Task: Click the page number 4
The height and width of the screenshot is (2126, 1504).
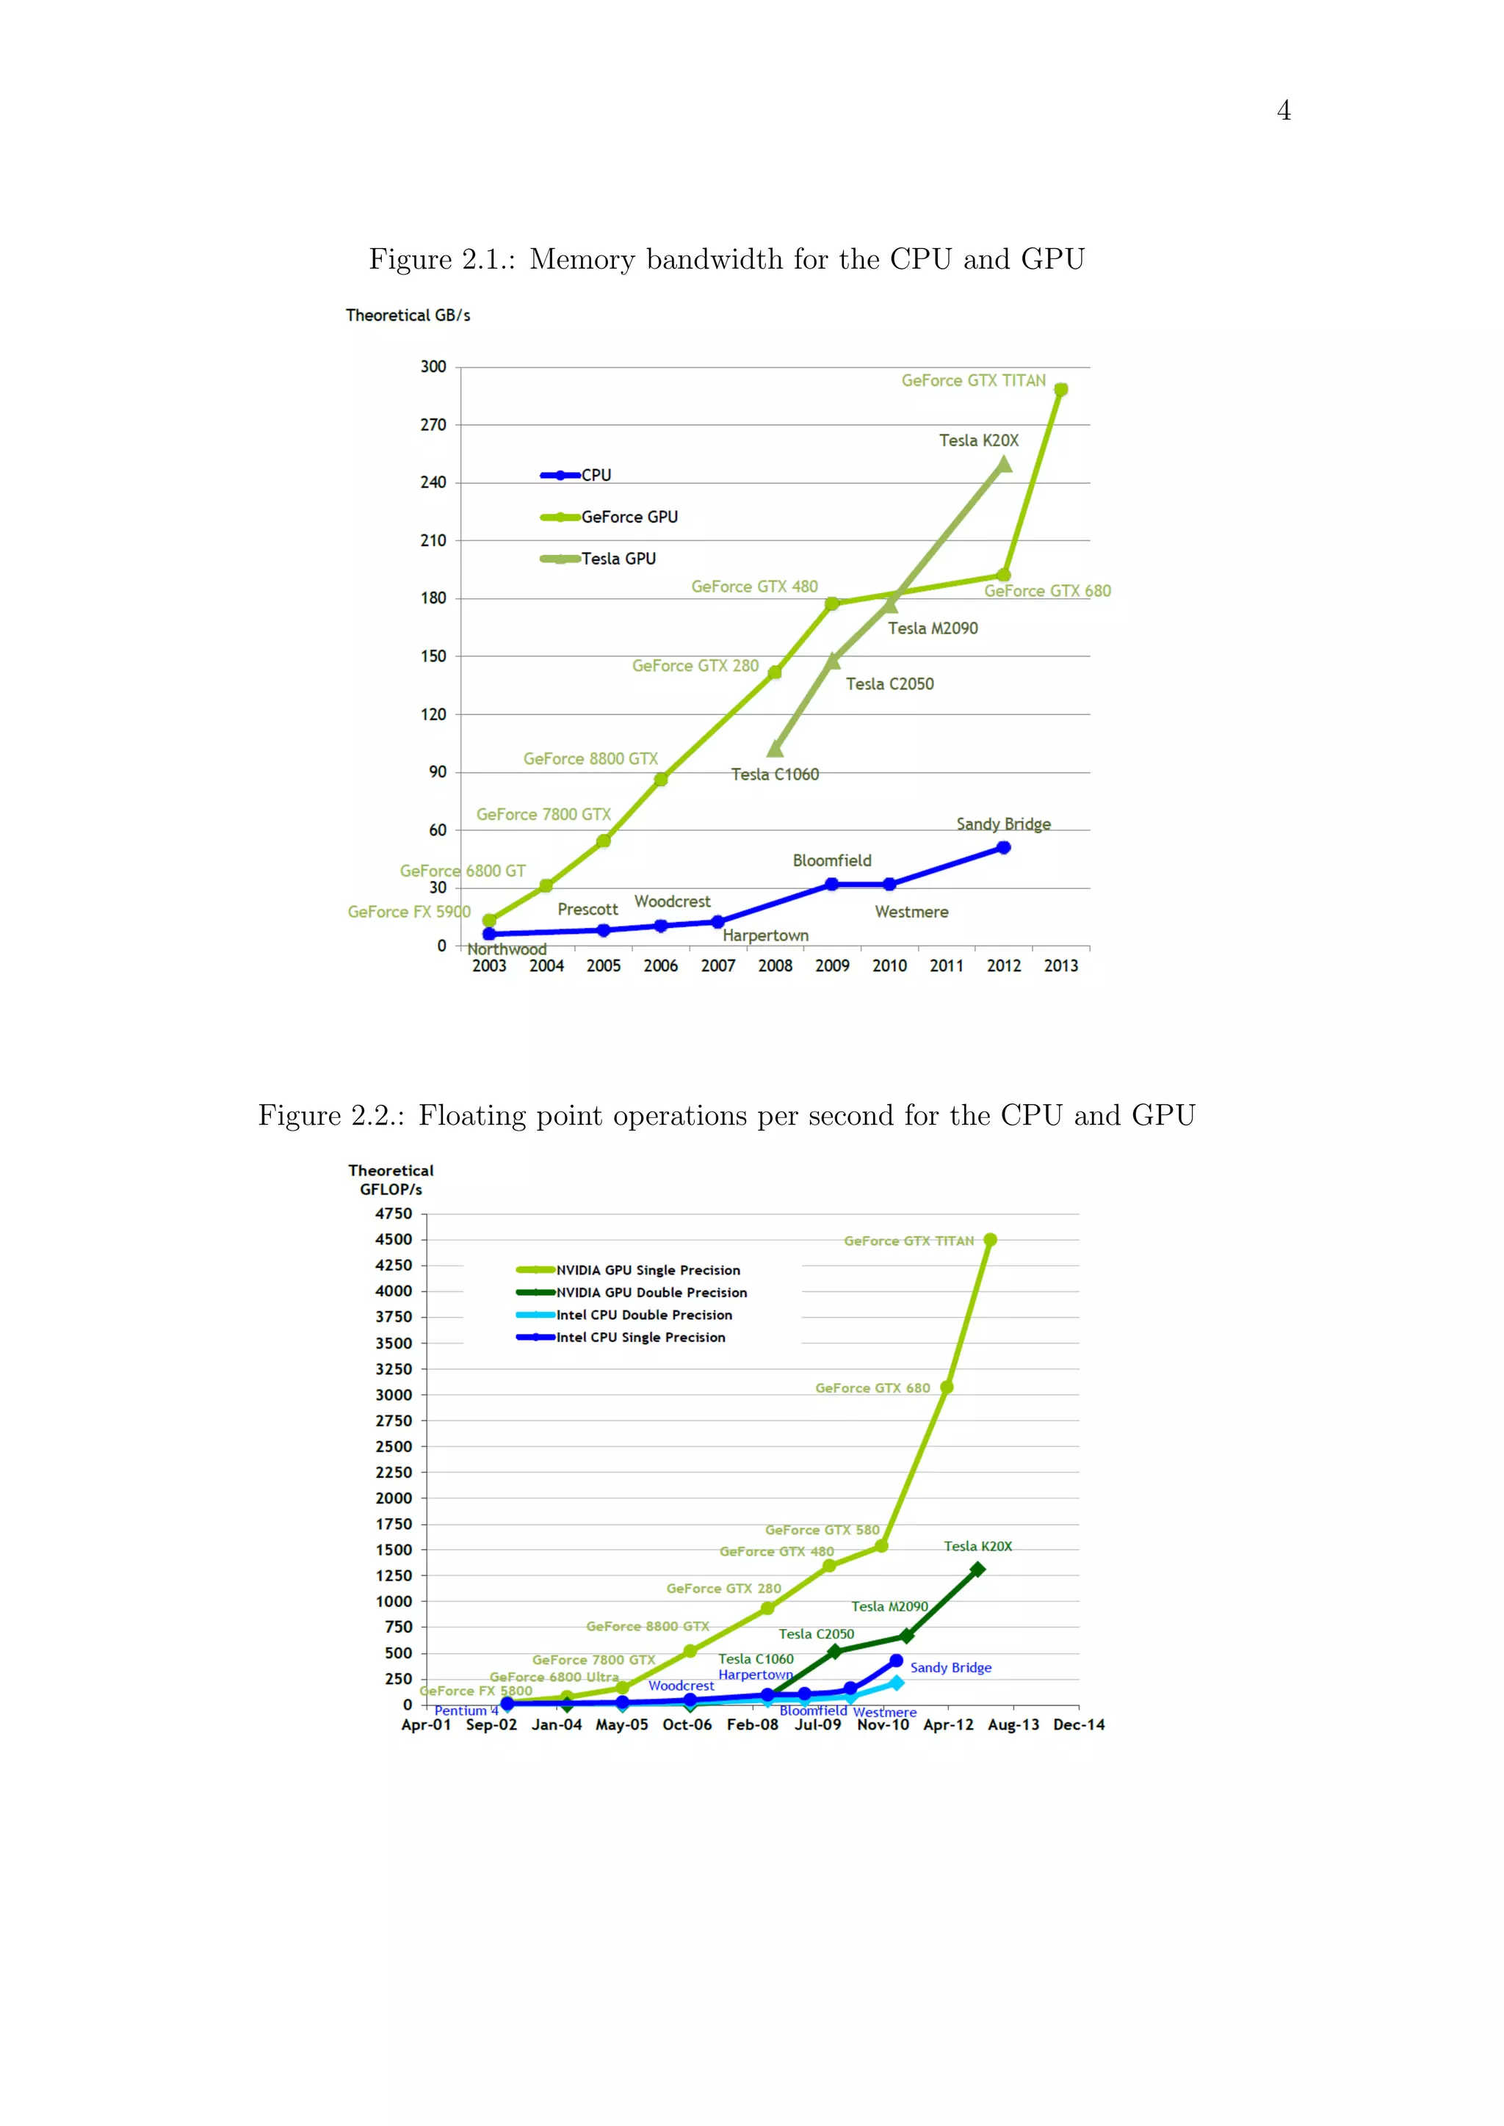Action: [1284, 111]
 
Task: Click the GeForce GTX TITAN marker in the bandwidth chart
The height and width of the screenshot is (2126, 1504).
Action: [1061, 390]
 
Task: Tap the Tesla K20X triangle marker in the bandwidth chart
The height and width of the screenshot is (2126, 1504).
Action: [1004, 465]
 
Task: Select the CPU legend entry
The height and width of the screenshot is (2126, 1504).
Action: [596, 475]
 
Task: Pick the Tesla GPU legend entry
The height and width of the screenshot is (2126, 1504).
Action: [618, 559]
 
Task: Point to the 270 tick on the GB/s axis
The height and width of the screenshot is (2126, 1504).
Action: [433, 425]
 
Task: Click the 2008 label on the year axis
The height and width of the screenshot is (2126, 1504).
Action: [775, 966]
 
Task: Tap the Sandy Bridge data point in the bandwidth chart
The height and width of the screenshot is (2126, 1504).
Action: [1004, 847]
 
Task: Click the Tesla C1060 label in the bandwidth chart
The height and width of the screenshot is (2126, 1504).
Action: [775, 774]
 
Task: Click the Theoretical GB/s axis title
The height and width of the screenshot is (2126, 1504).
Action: [408, 316]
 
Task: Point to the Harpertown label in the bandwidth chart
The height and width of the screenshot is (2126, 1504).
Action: [765, 935]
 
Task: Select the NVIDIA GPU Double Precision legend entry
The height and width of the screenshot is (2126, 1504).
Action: [651, 1293]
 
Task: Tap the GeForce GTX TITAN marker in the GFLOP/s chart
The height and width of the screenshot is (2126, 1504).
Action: [990, 1240]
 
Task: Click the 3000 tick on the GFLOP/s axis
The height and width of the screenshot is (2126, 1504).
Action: [394, 1395]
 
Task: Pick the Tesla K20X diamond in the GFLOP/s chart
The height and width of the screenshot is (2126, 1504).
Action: [977, 1570]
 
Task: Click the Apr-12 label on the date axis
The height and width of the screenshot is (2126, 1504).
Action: [948, 1725]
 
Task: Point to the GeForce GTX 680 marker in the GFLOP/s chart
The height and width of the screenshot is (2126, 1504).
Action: [947, 1387]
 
